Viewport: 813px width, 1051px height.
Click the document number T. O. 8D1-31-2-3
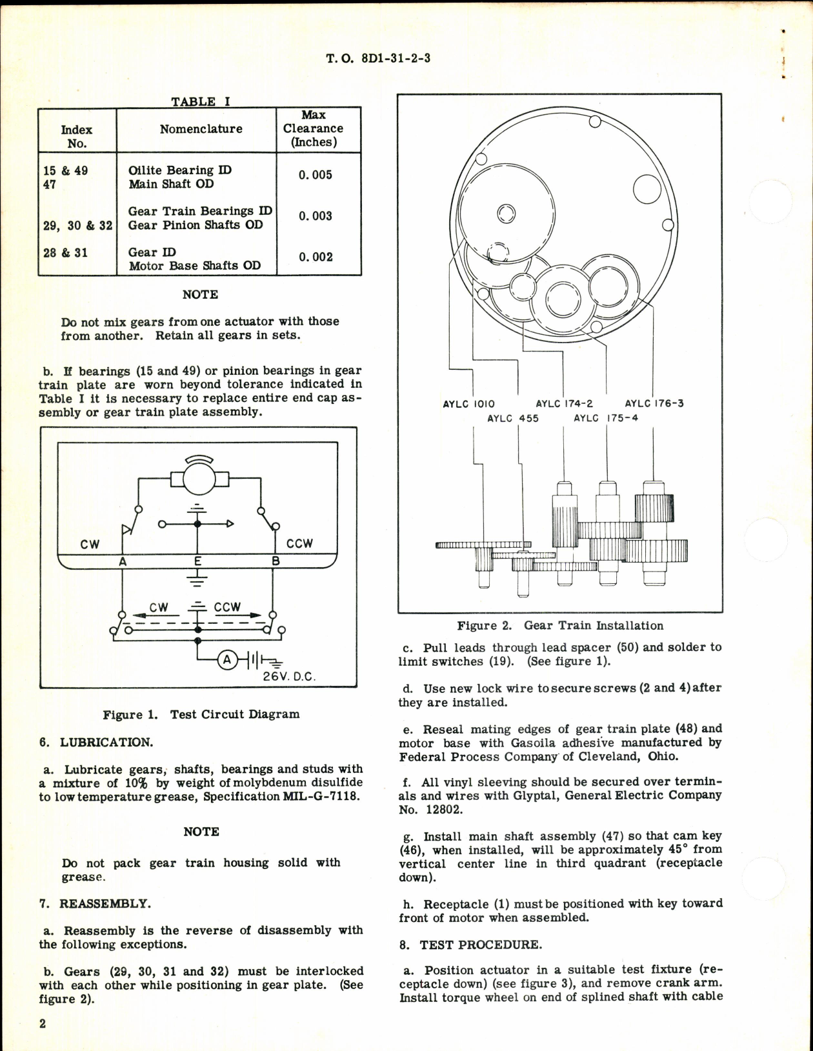click(x=378, y=58)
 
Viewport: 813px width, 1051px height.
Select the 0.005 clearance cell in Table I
click(x=315, y=175)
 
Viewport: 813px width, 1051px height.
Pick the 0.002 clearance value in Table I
click(x=316, y=257)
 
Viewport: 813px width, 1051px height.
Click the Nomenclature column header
click(x=201, y=129)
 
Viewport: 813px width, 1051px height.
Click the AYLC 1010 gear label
click(x=468, y=404)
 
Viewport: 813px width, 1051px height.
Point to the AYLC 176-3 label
click(x=654, y=404)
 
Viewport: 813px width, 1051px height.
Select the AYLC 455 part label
click(x=512, y=418)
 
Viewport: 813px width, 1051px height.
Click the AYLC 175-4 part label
click(x=605, y=418)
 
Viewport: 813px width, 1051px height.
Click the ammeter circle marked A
click(x=226, y=659)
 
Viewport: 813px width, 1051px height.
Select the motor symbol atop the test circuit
click(x=198, y=478)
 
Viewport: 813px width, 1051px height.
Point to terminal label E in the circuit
click(x=198, y=561)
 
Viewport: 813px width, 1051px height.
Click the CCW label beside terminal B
click(x=299, y=544)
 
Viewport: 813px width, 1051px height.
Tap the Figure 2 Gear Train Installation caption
click(x=559, y=626)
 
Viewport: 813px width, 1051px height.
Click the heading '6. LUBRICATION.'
click(x=96, y=742)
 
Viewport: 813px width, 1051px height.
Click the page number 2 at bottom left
click(x=43, y=1024)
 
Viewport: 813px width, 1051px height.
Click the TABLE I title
click(x=200, y=101)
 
